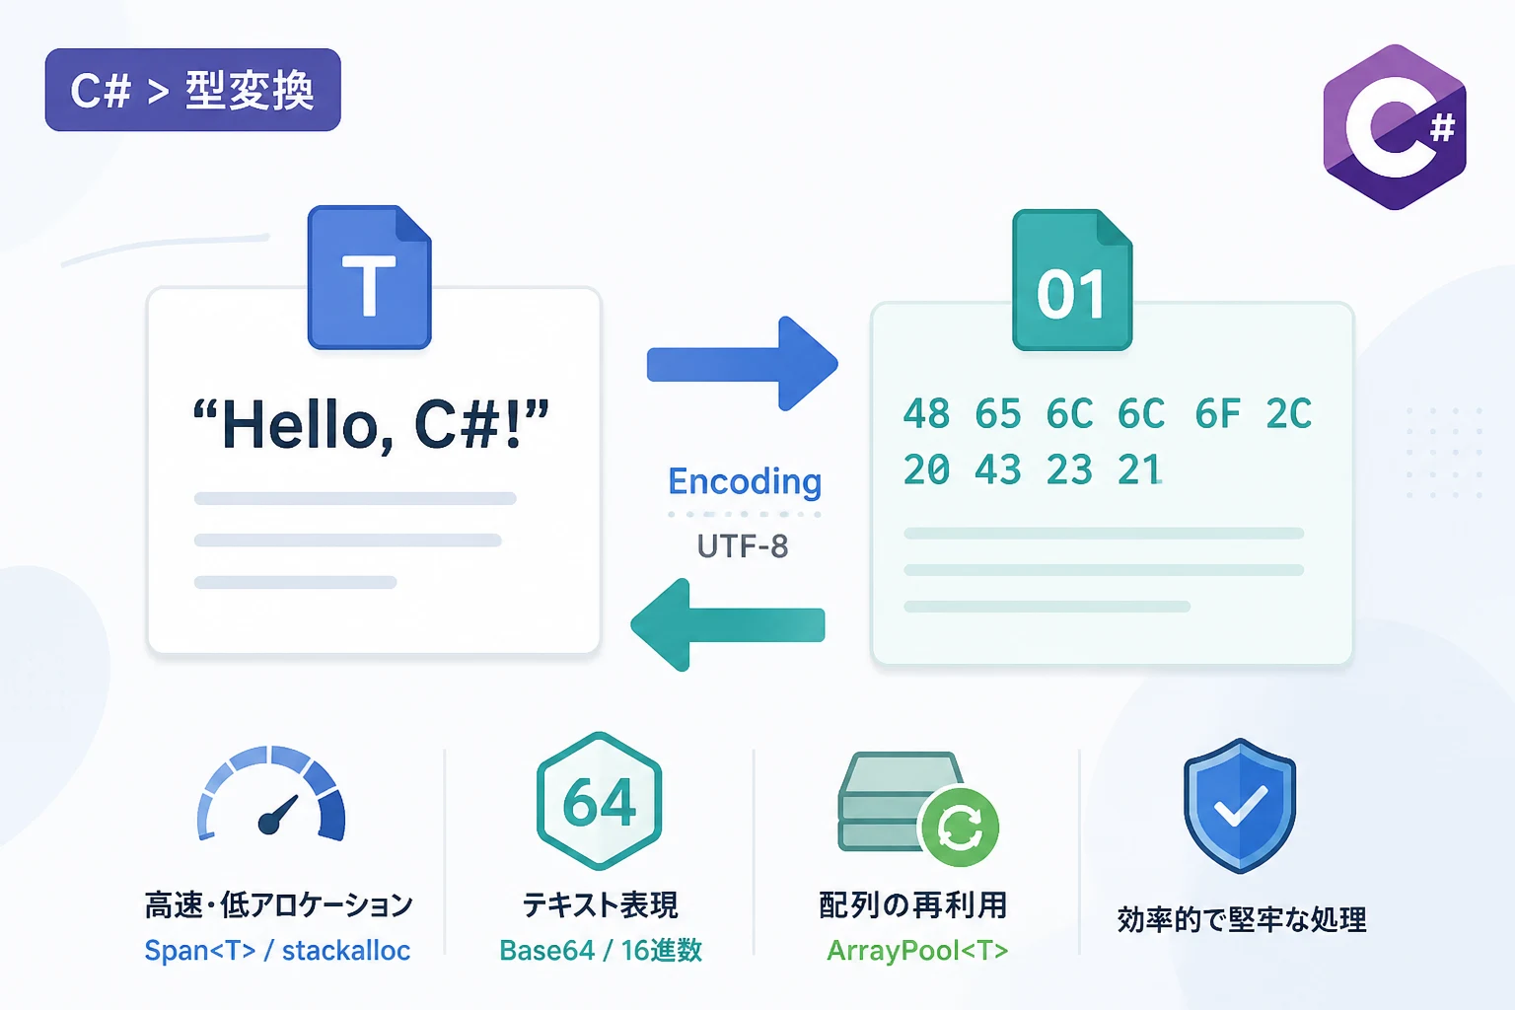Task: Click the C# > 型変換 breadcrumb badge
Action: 192,90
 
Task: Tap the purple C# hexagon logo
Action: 1395,127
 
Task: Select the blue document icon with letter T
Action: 369,277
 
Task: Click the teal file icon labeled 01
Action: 1072,280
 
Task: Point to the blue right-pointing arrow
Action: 743,364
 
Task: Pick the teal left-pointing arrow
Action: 728,624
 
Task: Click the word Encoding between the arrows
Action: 745,481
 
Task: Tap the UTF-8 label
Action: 743,546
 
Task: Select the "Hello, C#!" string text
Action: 371,425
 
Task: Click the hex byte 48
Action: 926,413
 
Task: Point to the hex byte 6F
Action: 1217,413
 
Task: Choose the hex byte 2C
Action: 1289,413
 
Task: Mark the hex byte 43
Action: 997,469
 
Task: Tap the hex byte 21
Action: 1140,469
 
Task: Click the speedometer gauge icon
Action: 271,792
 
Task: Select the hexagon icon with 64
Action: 600,801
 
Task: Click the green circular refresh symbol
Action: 959,827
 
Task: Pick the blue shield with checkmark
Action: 1240,806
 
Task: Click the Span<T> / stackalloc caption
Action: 277,951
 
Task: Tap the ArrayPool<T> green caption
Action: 917,951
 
